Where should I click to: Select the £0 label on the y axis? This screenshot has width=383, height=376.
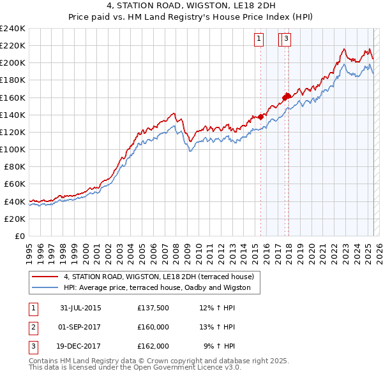[19, 236]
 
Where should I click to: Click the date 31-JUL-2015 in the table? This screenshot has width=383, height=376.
[80, 308]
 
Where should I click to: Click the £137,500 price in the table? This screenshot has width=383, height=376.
[153, 308]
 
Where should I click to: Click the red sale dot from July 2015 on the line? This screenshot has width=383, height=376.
[260, 117]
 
